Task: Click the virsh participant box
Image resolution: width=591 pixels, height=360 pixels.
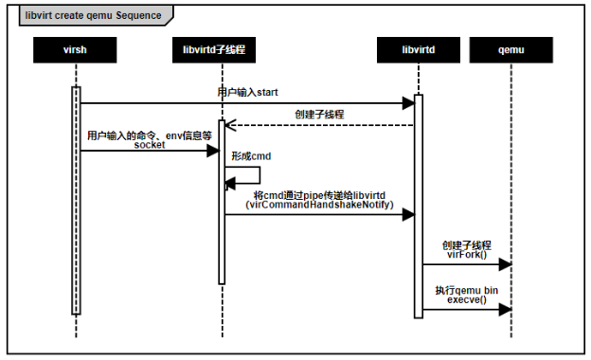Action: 75,47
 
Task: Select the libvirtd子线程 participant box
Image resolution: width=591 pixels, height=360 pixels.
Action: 221,47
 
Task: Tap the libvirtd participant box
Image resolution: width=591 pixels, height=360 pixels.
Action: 417,47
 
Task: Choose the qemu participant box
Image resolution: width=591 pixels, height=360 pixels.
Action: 511,47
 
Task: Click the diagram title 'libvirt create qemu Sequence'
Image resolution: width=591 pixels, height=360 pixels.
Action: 81,15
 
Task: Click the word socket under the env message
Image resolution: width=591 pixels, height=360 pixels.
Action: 149,146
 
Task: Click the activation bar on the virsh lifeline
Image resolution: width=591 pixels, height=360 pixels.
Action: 76,199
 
